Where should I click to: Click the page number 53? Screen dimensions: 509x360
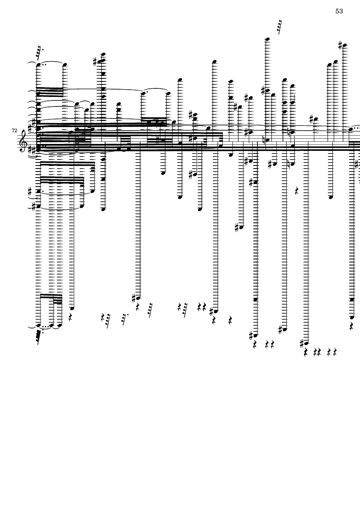point(339,11)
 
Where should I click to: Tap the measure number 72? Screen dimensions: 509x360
point(14,129)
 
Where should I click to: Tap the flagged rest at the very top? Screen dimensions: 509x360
point(280,27)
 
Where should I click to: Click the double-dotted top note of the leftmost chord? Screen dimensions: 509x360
point(38,65)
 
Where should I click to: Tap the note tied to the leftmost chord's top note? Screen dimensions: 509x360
point(65,65)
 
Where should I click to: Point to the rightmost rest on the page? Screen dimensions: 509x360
point(352,326)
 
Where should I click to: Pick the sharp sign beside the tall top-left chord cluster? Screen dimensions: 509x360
point(95,62)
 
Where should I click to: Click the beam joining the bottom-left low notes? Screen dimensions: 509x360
point(51,296)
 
